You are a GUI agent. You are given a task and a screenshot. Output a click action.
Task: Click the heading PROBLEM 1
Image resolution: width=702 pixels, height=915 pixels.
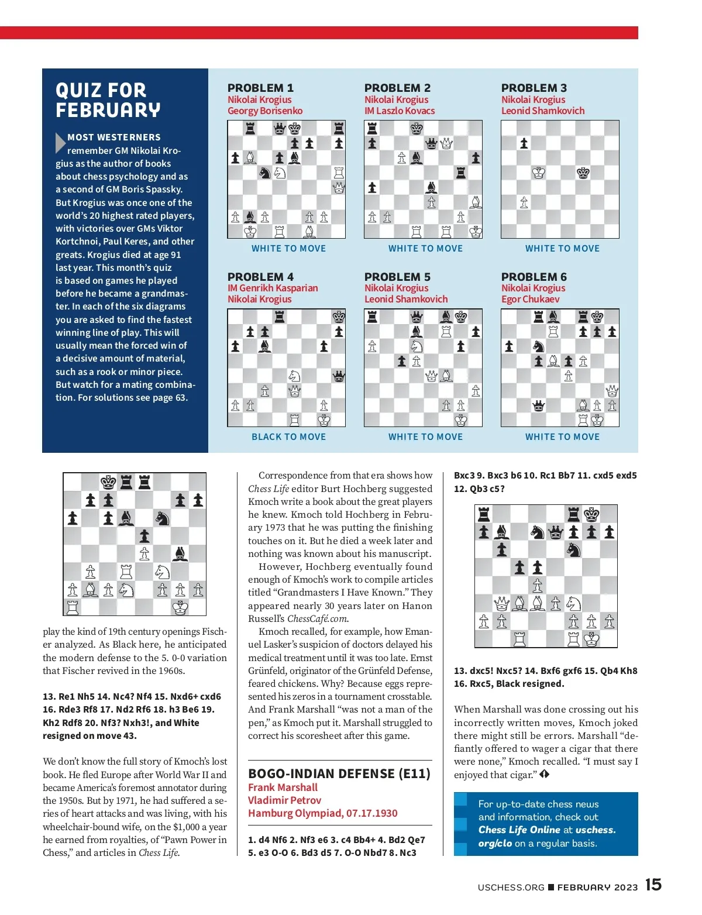pos(260,88)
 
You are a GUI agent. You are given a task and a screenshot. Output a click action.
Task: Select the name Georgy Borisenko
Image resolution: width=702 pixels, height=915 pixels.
pos(265,111)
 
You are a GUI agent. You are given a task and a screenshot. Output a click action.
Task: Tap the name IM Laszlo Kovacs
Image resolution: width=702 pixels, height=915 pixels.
pos(400,111)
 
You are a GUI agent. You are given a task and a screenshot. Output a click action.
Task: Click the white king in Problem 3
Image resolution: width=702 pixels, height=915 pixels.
pos(538,173)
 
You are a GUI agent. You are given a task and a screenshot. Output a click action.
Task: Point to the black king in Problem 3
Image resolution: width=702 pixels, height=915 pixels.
pos(583,173)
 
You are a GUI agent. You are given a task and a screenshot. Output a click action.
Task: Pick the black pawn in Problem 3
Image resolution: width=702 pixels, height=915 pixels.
pos(524,143)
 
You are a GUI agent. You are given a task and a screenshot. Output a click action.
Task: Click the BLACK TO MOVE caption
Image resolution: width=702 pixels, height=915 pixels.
pos(288,436)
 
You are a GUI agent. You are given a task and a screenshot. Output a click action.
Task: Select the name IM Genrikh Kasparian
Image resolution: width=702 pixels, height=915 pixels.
pos(273,288)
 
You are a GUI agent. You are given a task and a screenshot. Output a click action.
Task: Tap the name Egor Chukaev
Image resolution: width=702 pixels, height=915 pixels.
pos(530,299)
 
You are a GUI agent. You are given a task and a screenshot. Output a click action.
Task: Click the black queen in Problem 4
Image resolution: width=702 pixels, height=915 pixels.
pos(339,376)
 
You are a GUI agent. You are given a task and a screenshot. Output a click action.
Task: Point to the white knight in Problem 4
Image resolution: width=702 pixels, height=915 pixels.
pos(294,376)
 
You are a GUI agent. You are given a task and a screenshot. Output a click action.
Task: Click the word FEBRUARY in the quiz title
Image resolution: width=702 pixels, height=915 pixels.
pos(108,110)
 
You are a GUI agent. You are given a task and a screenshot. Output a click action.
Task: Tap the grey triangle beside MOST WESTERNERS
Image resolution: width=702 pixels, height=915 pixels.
pos(60,143)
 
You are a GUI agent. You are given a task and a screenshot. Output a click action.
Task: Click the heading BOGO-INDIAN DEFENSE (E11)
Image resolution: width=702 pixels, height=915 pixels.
pos(339,773)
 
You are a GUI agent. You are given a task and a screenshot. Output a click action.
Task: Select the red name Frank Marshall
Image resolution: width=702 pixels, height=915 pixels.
pos(283,787)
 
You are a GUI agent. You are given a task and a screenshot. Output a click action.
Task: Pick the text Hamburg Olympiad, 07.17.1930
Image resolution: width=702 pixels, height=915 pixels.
pos(322,813)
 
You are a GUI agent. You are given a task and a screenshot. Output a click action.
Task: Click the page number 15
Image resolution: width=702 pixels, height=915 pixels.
pos(653,885)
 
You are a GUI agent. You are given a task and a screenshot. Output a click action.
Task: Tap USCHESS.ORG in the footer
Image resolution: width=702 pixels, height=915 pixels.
pos(511,887)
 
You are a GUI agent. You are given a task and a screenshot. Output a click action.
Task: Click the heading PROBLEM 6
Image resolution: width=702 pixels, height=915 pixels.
pos(534,277)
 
